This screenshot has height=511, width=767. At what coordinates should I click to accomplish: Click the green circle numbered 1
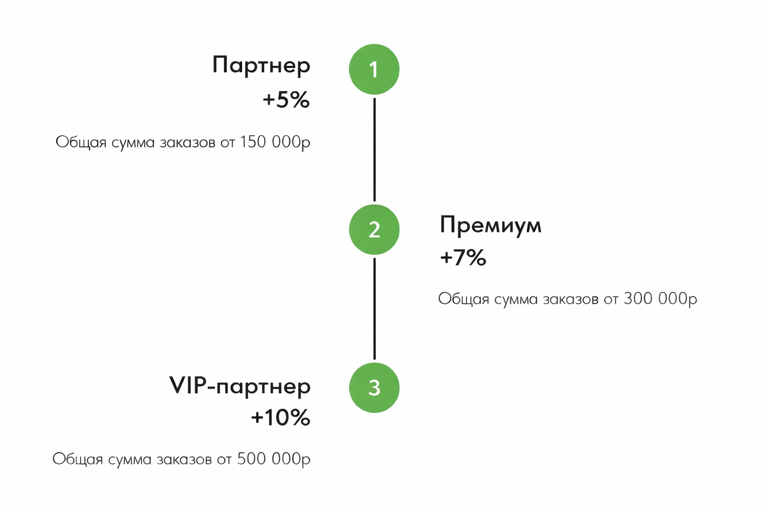[374, 69]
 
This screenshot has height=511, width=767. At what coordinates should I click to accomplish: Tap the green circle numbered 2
[374, 230]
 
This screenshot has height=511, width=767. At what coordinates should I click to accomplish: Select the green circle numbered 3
[374, 387]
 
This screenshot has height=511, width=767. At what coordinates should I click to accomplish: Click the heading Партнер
[261, 65]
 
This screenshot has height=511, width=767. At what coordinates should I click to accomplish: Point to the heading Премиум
[491, 226]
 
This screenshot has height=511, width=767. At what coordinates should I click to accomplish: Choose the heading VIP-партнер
[240, 386]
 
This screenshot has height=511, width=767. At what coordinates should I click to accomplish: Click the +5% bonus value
[286, 100]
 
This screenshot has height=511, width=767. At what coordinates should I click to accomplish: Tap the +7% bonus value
[463, 257]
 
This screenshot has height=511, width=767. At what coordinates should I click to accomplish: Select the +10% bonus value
[281, 417]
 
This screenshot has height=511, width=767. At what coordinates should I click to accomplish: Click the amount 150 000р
[275, 142]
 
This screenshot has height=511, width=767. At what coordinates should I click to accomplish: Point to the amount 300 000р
[660, 298]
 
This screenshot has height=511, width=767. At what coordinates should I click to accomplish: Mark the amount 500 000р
[274, 459]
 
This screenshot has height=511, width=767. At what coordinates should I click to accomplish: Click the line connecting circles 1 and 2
[374, 150]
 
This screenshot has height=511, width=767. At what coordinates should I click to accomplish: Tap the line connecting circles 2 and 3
[374, 309]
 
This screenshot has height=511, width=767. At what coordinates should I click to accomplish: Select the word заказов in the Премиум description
[570, 299]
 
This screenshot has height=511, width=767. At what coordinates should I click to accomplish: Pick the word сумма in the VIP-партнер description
[130, 460]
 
